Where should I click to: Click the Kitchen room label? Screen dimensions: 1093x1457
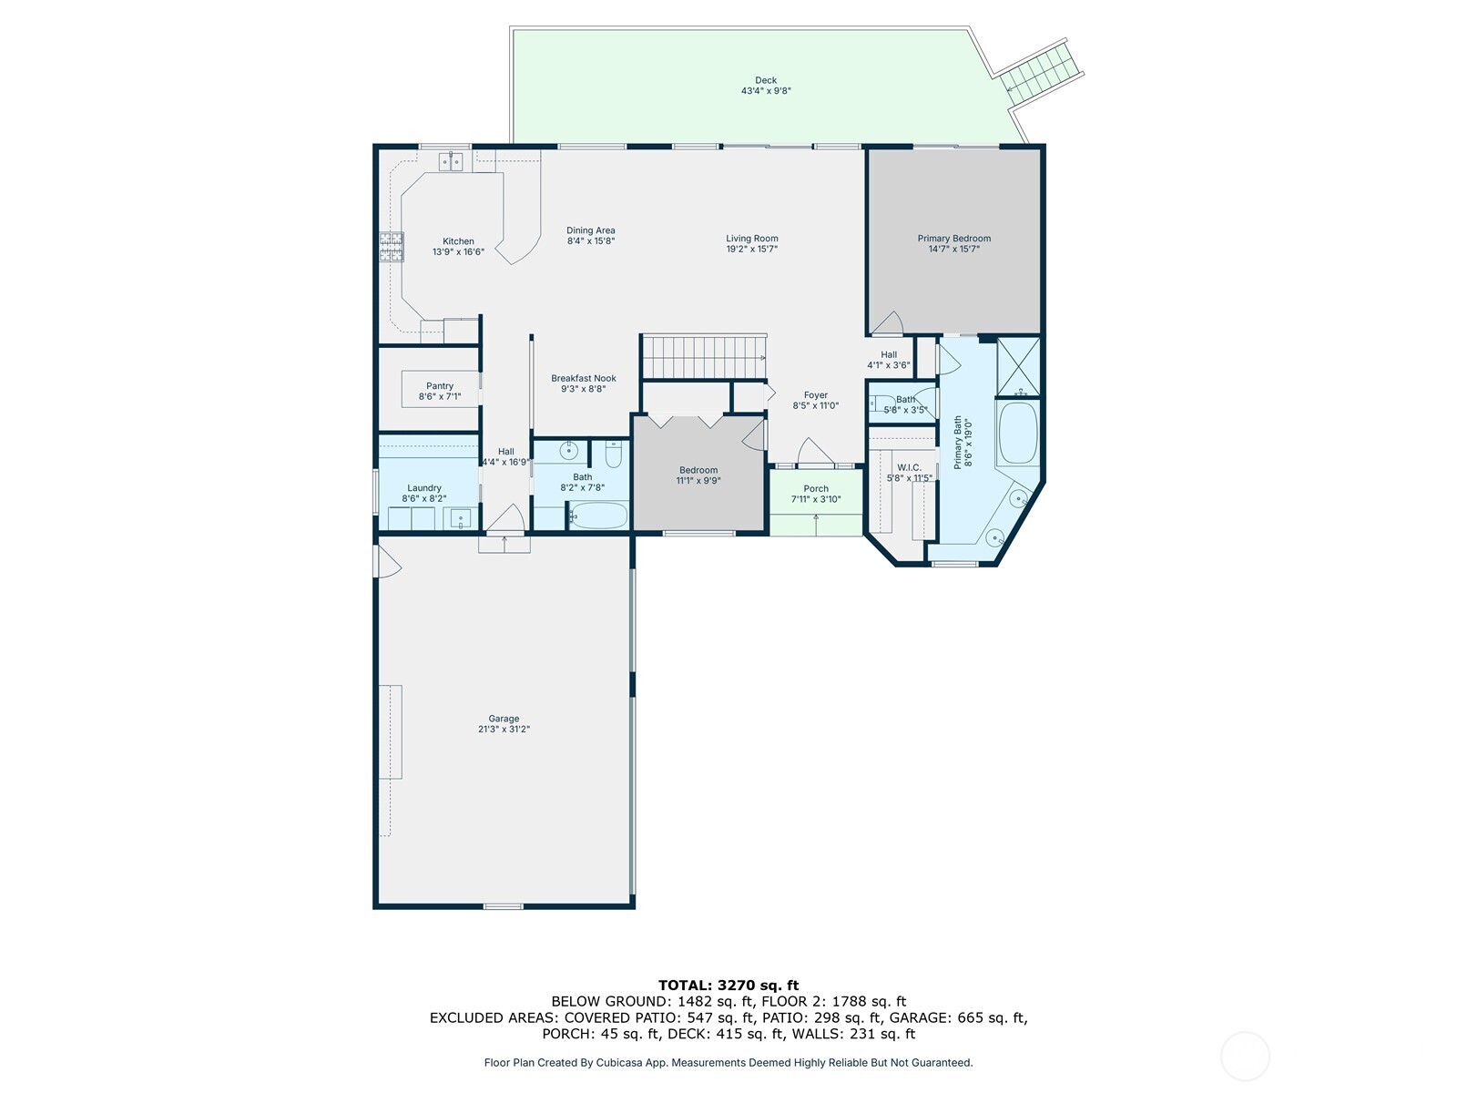[458, 241]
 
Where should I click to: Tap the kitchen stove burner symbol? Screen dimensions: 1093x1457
[392, 247]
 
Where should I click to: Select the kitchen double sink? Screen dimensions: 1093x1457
[452, 162]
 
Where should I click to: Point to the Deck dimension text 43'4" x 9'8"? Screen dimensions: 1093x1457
[765, 91]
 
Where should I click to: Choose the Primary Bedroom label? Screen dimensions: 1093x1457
[953, 239]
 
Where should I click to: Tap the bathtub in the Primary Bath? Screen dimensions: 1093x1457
[1018, 434]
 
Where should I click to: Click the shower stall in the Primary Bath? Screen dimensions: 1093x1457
[1018, 367]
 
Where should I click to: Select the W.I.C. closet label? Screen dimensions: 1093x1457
[909, 467]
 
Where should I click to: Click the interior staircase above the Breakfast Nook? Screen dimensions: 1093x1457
[703, 356]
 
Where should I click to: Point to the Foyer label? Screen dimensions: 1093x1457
[815, 395]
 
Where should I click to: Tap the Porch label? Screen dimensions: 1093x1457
[815, 489]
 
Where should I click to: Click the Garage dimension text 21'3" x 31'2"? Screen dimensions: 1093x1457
[504, 730]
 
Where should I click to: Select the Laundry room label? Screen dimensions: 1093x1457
[424, 488]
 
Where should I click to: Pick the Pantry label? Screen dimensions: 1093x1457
[440, 386]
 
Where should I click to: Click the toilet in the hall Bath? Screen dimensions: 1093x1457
[613, 453]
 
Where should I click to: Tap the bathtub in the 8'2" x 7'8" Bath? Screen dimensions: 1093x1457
[598, 516]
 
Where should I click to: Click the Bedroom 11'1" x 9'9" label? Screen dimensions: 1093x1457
[698, 470]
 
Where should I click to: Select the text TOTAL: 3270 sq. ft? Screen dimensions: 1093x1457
[728, 985]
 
